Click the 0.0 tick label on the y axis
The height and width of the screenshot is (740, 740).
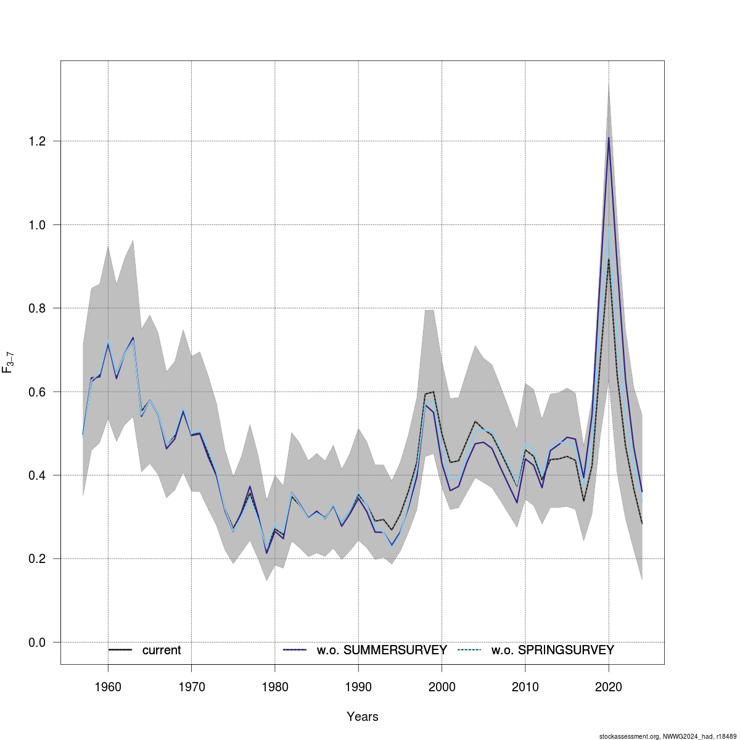[x=37, y=643]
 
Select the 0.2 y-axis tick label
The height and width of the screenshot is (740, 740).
[x=37, y=559]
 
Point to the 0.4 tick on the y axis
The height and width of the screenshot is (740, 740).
[x=37, y=475]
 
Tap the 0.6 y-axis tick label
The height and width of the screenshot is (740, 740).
[x=37, y=392]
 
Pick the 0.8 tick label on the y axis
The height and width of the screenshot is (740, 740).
[x=37, y=308]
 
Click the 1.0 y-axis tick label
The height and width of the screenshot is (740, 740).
[x=37, y=225]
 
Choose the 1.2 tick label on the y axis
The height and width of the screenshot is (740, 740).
[x=37, y=141]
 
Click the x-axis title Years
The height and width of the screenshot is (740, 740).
[x=363, y=717]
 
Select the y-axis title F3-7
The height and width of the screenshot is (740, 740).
[x=9, y=363]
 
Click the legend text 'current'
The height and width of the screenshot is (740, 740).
[x=162, y=650]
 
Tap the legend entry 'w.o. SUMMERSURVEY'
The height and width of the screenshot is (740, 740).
[x=382, y=650]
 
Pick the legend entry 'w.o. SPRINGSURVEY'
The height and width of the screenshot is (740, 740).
[x=553, y=650]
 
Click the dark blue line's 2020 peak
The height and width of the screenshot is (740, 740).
[x=609, y=138]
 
